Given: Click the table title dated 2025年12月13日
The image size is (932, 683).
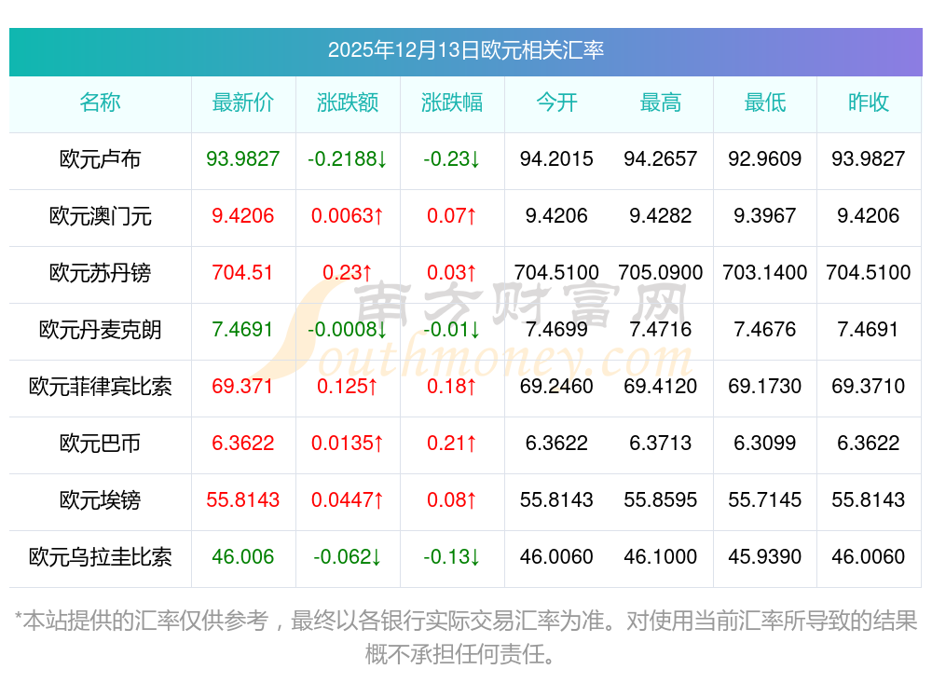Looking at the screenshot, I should (x=465, y=50).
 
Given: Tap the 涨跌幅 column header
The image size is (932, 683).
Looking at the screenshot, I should (x=452, y=103).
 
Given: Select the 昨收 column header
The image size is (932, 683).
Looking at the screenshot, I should (x=868, y=103).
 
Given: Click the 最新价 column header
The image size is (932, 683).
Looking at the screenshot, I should (x=243, y=103).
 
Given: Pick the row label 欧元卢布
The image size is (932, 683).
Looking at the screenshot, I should (x=100, y=159).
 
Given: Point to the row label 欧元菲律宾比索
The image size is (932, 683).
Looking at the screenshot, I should (x=100, y=387).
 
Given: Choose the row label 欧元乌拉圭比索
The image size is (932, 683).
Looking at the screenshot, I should (x=100, y=557).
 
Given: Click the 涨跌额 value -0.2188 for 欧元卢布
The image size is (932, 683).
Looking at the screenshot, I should (x=348, y=159).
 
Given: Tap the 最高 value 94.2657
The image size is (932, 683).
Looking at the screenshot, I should (x=661, y=159).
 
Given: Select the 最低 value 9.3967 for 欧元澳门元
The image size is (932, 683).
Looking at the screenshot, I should (x=764, y=216).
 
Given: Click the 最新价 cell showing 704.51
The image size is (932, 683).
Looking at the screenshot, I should (x=243, y=273).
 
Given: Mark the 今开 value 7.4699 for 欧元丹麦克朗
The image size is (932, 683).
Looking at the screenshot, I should (x=556, y=330).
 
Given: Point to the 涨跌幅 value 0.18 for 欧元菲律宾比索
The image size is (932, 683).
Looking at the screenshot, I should (x=452, y=387).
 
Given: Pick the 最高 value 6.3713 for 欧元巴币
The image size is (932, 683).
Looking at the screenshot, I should (x=661, y=444).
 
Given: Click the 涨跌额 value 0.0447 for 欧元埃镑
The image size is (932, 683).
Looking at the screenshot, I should (x=348, y=500).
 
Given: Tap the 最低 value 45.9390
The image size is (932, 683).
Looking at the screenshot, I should (x=764, y=557).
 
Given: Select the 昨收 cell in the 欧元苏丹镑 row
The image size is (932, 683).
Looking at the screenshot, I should (x=868, y=273).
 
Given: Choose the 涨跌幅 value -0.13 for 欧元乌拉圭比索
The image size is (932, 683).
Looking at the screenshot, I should (x=452, y=557).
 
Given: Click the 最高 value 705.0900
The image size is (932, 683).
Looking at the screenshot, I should (x=661, y=273).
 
